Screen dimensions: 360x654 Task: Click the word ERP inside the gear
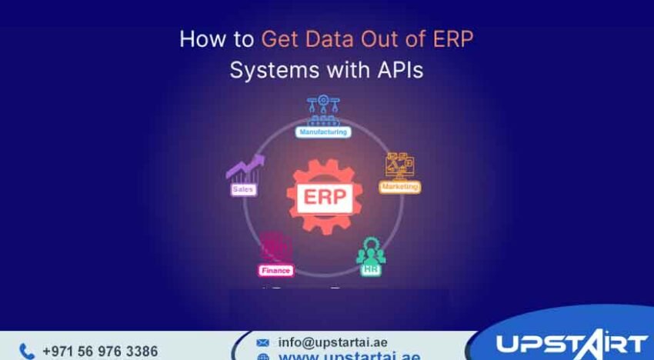(323, 197)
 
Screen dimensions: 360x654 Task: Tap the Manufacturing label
(323, 132)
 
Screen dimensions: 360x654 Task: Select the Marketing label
(400, 187)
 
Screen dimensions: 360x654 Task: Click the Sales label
(244, 188)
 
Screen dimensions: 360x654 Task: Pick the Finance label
(275, 270)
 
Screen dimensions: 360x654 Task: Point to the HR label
(372, 270)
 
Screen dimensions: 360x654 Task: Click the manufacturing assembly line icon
(323, 110)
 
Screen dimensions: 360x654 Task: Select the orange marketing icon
(400, 165)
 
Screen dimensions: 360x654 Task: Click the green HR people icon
(371, 250)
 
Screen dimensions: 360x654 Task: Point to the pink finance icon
(275, 248)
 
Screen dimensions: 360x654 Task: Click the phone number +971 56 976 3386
(100, 351)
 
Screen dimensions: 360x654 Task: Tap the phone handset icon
(27, 352)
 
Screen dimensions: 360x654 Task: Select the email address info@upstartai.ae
(332, 342)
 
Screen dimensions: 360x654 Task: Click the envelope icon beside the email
(263, 342)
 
